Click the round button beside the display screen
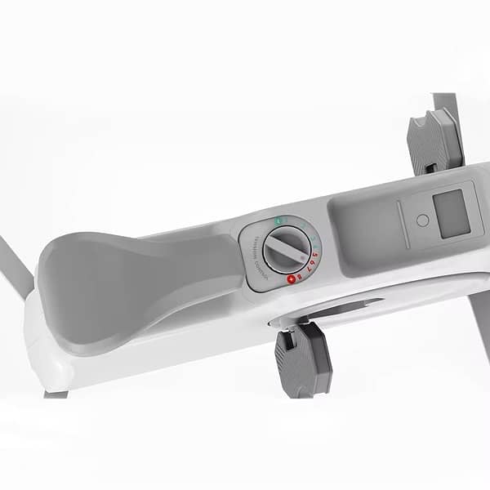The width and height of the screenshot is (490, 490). click(x=422, y=220)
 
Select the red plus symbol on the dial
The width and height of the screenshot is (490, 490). click(x=290, y=279)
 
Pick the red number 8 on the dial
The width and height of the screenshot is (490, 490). click(x=300, y=277)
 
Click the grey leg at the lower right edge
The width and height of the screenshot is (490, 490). click(x=480, y=335)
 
